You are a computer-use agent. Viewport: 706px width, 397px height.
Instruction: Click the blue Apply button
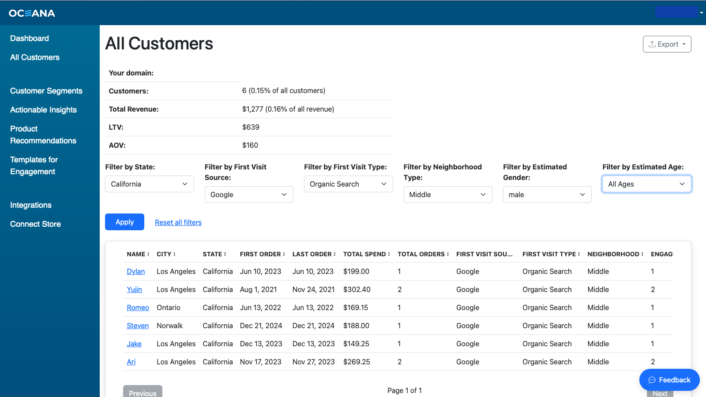pos(124,222)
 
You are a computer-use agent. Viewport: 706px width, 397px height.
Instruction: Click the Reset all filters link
pos(178,222)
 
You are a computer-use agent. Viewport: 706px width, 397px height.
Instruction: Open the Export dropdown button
pos(667,44)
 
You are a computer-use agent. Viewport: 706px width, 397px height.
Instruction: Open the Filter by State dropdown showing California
pos(150,184)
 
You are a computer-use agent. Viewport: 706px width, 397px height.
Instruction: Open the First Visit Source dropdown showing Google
pos(249,195)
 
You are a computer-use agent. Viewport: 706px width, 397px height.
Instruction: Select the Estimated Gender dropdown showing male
pos(547,195)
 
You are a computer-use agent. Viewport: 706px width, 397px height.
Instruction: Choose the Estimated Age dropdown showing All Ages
pos(646,184)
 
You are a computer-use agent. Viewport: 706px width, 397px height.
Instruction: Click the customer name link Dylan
pos(135,271)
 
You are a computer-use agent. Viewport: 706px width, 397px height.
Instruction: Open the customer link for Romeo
pos(138,307)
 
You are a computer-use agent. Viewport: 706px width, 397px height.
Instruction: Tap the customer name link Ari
pos(131,362)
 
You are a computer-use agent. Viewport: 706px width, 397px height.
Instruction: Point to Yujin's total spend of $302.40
pos(357,289)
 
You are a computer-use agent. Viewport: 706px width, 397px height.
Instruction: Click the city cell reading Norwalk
pos(169,326)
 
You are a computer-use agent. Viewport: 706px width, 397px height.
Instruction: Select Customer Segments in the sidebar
pos(46,91)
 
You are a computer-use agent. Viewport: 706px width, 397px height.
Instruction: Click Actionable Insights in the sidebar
pos(44,110)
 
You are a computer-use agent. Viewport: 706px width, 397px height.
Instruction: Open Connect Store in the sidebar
pos(35,224)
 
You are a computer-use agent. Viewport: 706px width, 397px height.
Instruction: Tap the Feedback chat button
pos(669,380)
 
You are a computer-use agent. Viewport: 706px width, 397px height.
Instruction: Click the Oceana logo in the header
pos(32,13)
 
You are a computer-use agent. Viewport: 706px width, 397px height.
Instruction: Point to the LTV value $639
pos(251,127)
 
